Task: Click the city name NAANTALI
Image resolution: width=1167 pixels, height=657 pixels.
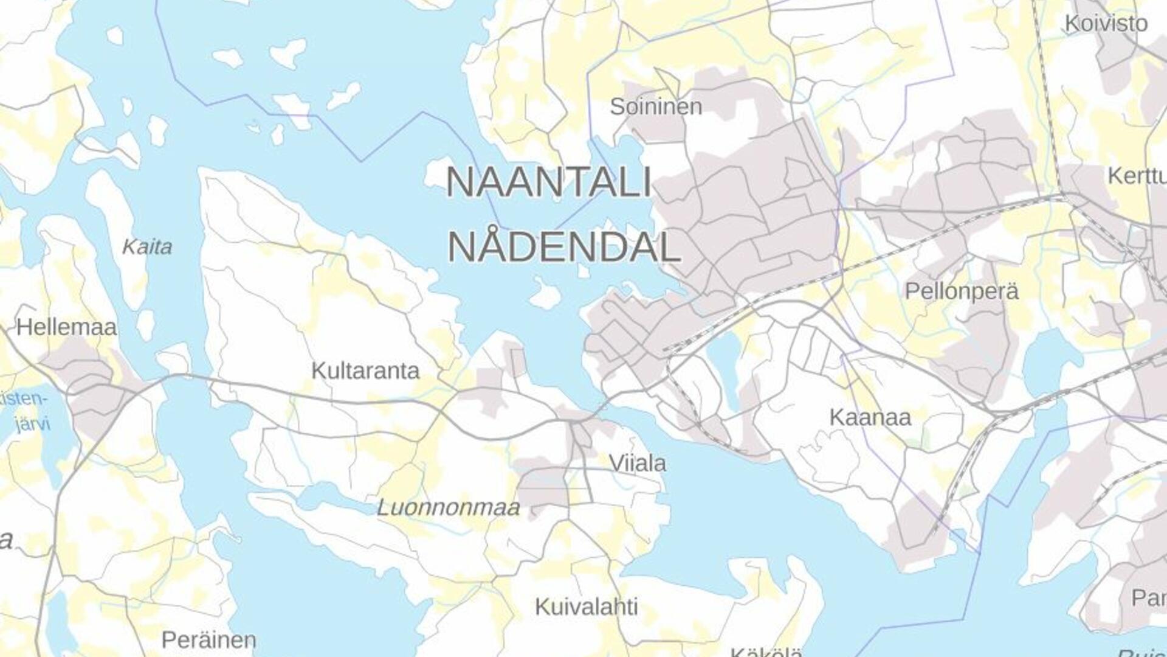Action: pyautogui.click(x=549, y=182)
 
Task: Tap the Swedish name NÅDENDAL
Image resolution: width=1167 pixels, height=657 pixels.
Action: pyautogui.click(x=563, y=247)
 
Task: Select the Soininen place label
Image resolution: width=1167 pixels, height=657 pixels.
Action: pyautogui.click(x=656, y=107)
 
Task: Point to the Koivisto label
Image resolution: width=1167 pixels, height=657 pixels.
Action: pyautogui.click(x=1106, y=24)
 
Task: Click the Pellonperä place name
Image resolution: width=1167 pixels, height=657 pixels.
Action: pyautogui.click(x=962, y=291)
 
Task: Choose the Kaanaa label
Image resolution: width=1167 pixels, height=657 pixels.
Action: pyautogui.click(x=870, y=417)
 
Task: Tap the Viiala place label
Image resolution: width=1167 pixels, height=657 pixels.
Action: pyautogui.click(x=637, y=464)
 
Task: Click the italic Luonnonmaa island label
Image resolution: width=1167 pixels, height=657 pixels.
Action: pyautogui.click(x=448, y=507)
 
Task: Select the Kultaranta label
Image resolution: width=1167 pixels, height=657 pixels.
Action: pyautogui.click(x=365, y=370)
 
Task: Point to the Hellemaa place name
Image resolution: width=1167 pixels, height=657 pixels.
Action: pyautogui.click(x=66, y=327)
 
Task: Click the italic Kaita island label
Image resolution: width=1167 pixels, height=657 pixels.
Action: pyautogui.click(x=147, y=247)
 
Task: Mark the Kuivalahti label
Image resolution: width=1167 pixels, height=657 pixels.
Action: pyautogui.click(x=586, y=607)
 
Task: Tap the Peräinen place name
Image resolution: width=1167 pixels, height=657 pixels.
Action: pyautogui.click(x=208, y=640)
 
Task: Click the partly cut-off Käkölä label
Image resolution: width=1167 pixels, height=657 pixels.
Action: pyautogui.click(x=766, y=652)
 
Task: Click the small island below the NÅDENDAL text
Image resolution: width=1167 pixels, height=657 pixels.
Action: pyautogui.click(x=545, y=294)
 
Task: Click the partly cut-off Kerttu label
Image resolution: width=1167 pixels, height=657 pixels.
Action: pyautogui.click(x=1137, y=176)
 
